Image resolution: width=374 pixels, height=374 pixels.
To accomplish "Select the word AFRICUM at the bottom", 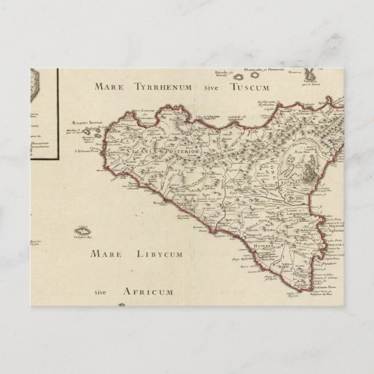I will click(146, 291).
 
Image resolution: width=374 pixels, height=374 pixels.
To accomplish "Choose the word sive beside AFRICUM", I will click(103, 292).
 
